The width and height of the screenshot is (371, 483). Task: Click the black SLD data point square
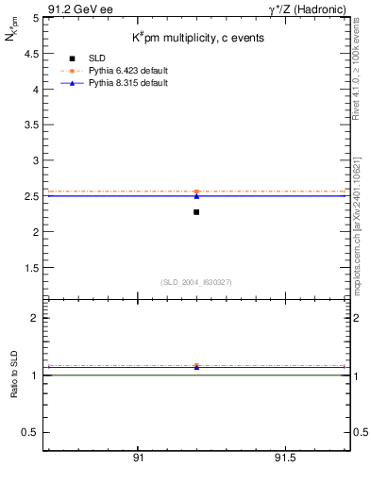click(196, 211)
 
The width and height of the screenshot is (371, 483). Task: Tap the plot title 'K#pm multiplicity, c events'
click(197, 38)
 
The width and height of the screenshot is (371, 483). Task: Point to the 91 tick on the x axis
click(138, 458)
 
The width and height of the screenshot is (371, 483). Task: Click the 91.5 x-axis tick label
click(284, 458)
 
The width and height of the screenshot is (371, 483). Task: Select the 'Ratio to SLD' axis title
click(14, 389)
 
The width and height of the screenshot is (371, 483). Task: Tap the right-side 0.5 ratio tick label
click(361, 432)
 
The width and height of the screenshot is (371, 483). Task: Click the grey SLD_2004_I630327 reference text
click(196, 282)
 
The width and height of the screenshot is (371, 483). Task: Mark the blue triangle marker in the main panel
click(196, 195)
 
